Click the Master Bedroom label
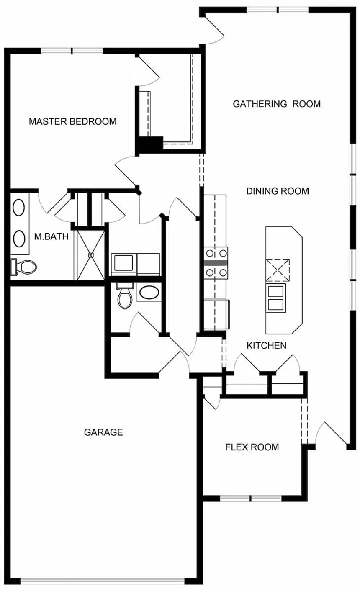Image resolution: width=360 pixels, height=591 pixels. [x=72, y=121]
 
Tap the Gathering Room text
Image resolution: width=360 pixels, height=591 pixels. [x=277, y=104]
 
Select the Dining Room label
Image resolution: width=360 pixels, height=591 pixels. [x=278, y=191]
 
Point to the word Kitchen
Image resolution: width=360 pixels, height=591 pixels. [x=266, y=345]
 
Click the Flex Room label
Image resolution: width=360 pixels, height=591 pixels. [x=252, y=447]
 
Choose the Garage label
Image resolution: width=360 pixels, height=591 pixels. [x=103, y=432]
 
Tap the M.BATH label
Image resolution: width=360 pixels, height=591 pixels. [x=51, y=236]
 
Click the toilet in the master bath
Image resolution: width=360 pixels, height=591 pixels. [x=23, y=267]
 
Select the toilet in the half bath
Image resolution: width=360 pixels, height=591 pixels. [x=125, y=295]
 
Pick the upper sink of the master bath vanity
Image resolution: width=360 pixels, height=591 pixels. [x=19, y=208]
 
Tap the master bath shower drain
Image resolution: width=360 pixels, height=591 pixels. [x=91, y=255]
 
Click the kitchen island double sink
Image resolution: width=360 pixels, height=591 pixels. [x=276, y=298]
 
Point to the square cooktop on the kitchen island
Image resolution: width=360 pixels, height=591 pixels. [x=278, y=270]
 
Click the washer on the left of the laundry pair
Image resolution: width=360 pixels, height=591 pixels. [x=123, y=265]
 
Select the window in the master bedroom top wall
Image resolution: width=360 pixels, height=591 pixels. [x=72, y=51]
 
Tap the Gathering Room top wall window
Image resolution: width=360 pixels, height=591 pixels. [x=278, y=10]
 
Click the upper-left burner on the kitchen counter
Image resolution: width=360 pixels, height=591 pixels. [x=210, y=253]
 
